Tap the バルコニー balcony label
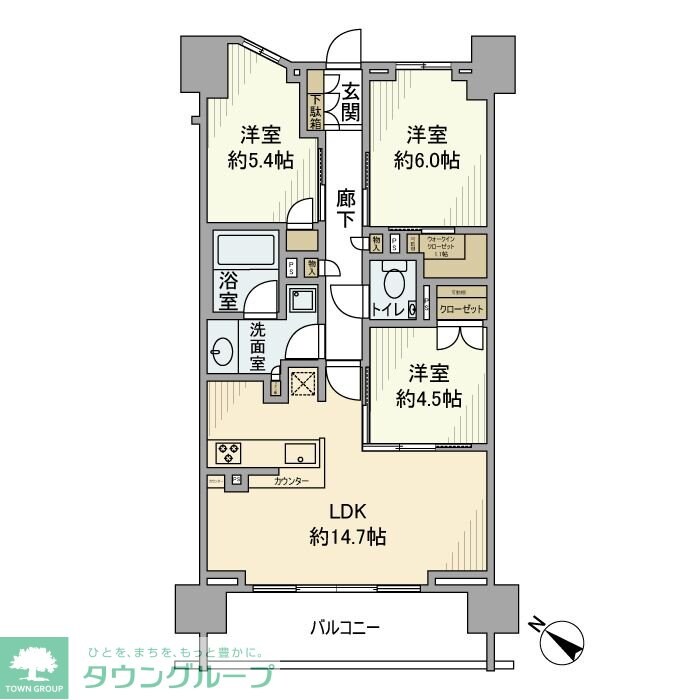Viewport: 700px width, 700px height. (344, 628)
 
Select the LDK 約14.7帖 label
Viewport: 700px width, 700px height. (347, 525)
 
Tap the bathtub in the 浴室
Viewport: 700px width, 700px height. (246, 250)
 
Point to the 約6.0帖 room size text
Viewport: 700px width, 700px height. (427, 160)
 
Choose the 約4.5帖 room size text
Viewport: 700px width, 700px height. (428, 399)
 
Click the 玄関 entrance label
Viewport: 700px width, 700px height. (348, 101)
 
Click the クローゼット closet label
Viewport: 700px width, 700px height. (462, 310)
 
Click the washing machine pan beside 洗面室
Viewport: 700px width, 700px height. (300, 300)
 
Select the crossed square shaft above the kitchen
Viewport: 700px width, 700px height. (302, 383)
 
